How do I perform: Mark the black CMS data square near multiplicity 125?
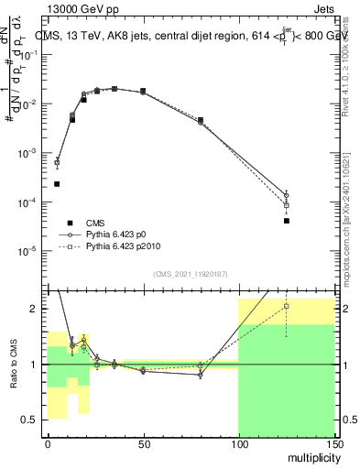tap(286, 221)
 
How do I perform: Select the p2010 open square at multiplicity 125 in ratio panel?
tap(286, 306)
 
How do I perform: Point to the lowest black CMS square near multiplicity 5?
tap(57, 184)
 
